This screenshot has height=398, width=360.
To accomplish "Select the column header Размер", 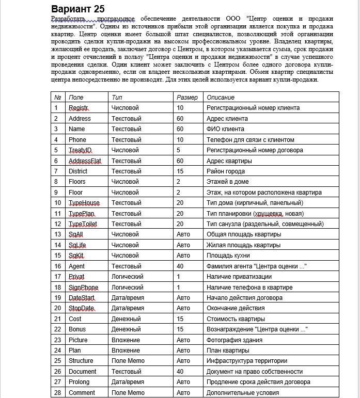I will click(187, 97).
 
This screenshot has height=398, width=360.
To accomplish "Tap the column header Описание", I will click(221, 97).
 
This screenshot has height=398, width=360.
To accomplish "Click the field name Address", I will click(80, 118).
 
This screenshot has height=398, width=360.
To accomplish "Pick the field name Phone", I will click(77, 139).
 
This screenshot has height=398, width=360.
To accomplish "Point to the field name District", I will click(78, 171).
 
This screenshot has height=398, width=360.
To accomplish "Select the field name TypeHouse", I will click(84, 203).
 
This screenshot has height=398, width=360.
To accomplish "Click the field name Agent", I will click(77, 266).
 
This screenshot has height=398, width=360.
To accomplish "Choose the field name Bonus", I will click(77, 329).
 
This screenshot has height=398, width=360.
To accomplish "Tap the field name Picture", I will click(79, 340).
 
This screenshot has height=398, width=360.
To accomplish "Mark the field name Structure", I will click(81, 361).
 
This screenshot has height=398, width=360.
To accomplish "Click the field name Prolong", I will click(79, 382).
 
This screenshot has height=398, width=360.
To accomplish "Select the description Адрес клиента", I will click(227, 118).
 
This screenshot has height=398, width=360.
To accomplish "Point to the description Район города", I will click(226, 171).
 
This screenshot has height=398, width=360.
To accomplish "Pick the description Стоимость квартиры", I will click(236, 319).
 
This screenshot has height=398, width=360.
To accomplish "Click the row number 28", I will click(58, 393).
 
